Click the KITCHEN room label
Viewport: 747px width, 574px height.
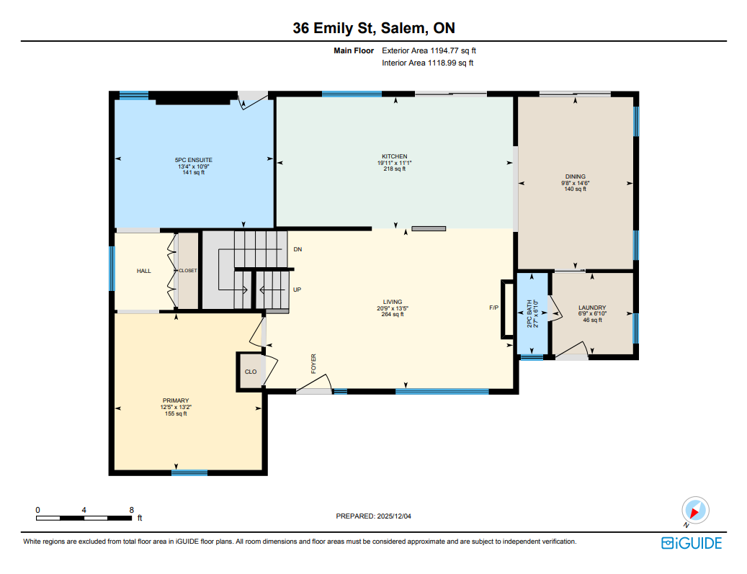click(x=395, y=156)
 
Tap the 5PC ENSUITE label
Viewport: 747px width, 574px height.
click(x=194, y=160)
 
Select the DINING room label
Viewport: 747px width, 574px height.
click(x=576, y=176)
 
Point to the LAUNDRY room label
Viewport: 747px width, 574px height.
click(x=592, y=308)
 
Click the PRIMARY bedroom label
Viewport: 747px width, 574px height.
click(x=176, y=400)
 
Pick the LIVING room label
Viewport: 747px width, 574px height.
click(x=393, y=302)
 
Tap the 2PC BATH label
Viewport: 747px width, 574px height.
click(x=529, y=313)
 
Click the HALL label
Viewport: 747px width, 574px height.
click(x=144, y=271)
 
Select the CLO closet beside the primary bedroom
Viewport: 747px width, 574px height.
click(x=251, y=372)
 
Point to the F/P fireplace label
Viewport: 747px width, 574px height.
click(x=494, y=308)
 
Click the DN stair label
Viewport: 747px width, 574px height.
click(x=298, y=249)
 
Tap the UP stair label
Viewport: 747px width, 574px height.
click(x=298, y=290)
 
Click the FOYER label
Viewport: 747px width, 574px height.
click(x=313, y=364)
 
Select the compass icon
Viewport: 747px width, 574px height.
click(x=695, y=511)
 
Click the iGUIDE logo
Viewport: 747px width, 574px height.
click(x=692, y=543)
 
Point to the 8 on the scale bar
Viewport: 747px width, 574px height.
click(x=132, y=510)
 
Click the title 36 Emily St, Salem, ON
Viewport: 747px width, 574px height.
click(x=374, y=28)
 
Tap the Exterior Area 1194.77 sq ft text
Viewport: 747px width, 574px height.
click(x=429, y=50)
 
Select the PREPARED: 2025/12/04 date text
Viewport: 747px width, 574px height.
click(x=373, y=516)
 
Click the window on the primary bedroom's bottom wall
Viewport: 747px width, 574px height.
click(x=189, y=473)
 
